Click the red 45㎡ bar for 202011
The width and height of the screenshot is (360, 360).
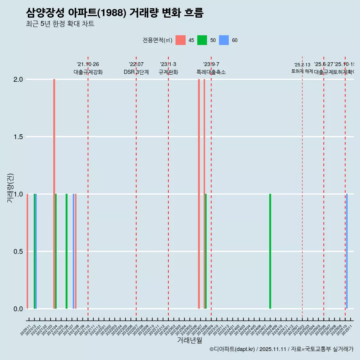[27, 251]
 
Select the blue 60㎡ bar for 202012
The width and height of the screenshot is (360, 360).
[36, 251]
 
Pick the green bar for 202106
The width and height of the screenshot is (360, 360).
[66, 251]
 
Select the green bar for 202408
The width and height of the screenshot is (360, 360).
[270, 251]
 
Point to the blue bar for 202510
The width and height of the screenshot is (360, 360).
[347, 251]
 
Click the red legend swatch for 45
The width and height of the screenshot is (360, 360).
[180, 40]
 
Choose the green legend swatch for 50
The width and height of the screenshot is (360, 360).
[202, 40]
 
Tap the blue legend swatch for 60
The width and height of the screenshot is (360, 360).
[224, 40]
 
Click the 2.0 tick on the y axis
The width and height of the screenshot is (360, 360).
[19, 79]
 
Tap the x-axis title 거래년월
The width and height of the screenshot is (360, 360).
[189, 340]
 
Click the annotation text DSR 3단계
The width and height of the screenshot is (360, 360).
[136, 72]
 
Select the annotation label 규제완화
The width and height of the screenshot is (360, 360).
[168, 72]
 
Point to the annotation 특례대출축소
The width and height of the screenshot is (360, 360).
[211, 72]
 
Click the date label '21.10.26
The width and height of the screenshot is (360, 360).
[88, 64]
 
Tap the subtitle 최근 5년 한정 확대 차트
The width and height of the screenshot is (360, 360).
[60, 24]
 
